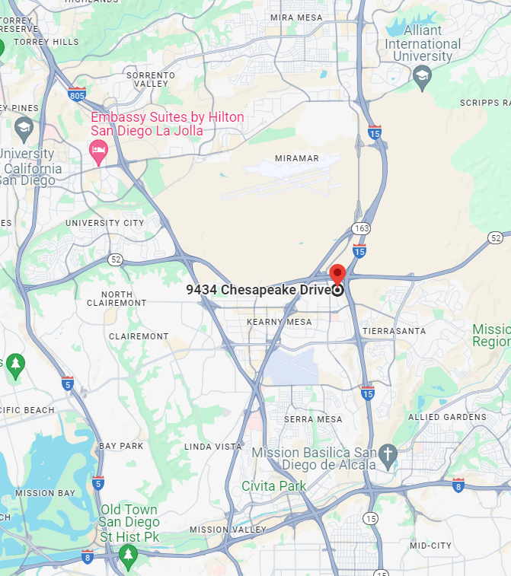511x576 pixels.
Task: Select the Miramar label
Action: tap(297, 158)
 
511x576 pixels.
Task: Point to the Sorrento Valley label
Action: tap(151, 79)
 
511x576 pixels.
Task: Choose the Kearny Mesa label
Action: tap(279, 322)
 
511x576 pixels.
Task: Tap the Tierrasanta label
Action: tap(394, 331)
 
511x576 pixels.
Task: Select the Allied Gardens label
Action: tap(447, 417)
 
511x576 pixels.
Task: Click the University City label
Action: tap(104, 223)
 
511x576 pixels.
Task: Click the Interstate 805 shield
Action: tap(76, 95)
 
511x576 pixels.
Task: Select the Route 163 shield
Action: tap(362, 228)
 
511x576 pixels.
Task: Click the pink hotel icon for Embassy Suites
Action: tap(98, 150)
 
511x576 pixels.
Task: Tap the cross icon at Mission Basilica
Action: tap(388, 455)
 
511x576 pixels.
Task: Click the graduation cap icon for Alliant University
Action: tap(422, 75)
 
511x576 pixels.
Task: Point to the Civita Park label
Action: tap(274, 485)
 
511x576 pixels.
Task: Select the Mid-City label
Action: tap(430, 546)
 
